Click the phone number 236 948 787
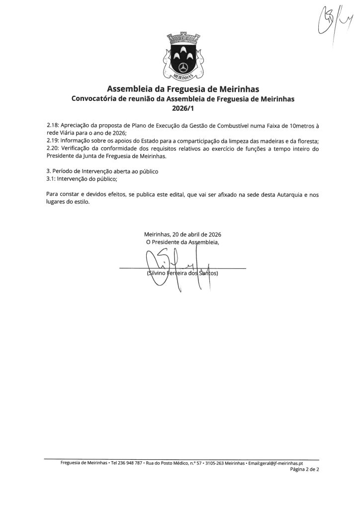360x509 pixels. [x=126, y=462]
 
